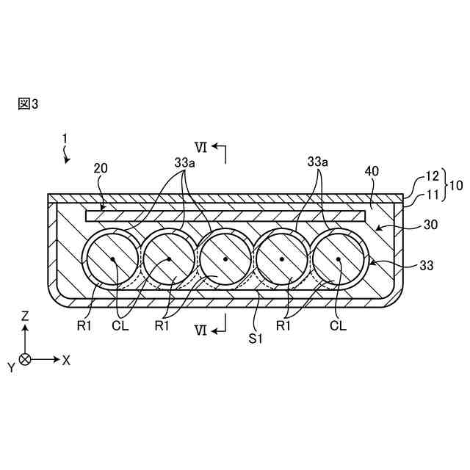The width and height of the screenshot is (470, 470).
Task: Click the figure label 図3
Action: click(x=27, y=104)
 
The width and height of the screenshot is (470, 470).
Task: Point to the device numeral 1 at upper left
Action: click(x=64, y=137)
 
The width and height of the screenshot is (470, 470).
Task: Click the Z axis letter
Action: click(x=25, y=316)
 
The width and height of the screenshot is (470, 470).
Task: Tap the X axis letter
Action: click(x=67, y=360)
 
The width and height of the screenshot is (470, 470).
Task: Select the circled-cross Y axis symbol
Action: click(x=26, y=360)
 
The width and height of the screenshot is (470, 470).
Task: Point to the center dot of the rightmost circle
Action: click(x=339, y=259)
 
